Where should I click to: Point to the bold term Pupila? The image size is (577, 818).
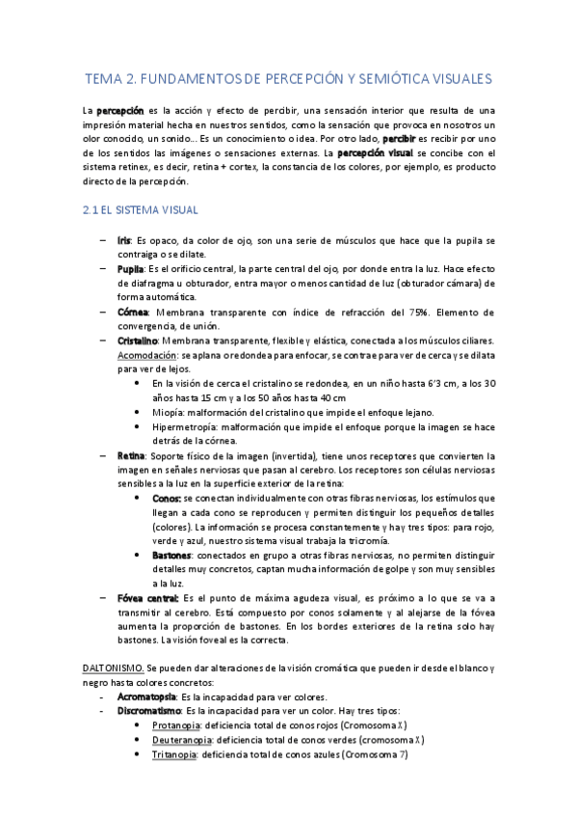click(130, 267)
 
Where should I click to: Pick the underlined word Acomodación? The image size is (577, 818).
click(145, 354)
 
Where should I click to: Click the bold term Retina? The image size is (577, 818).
click(130, 454)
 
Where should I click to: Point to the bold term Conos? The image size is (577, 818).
click(166, 498)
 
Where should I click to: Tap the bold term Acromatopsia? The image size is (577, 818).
click(145, 696)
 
